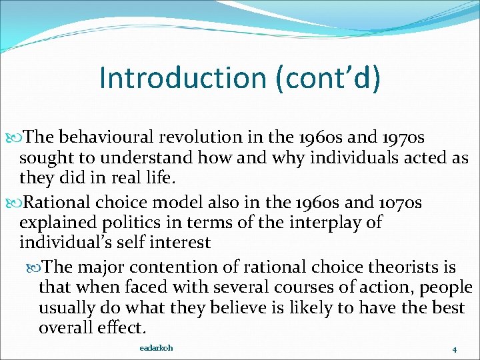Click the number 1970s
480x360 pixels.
click(x=409, y=137)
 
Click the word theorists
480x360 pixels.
click(x=387, y=267)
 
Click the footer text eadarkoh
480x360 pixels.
click(x=156, y=348)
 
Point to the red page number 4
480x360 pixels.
click(x=454, y=349)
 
